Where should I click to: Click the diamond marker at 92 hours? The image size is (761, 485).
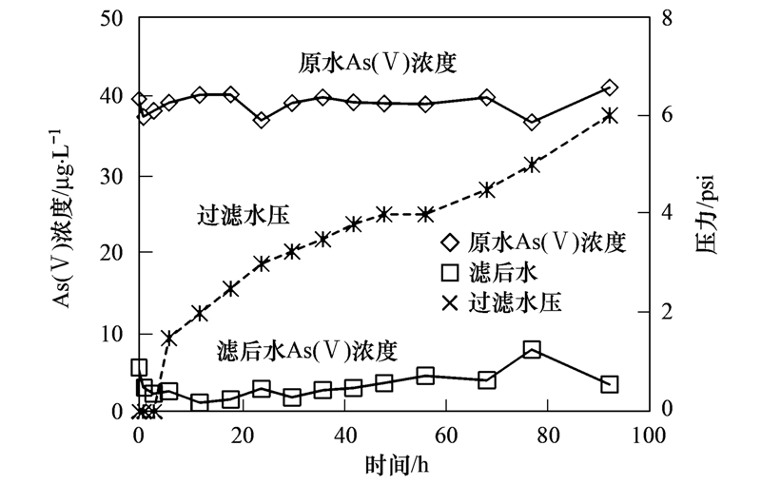pos(610,88)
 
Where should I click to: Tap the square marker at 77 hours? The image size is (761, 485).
pos(533,350)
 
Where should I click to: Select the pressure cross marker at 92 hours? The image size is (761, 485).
pos(610,115)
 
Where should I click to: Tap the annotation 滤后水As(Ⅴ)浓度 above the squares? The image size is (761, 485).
pos(306,349)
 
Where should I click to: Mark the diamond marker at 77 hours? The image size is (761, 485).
pos(533,122)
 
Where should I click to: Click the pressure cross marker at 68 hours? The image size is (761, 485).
pos(487,189)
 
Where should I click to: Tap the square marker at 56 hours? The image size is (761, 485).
pos(425,376)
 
